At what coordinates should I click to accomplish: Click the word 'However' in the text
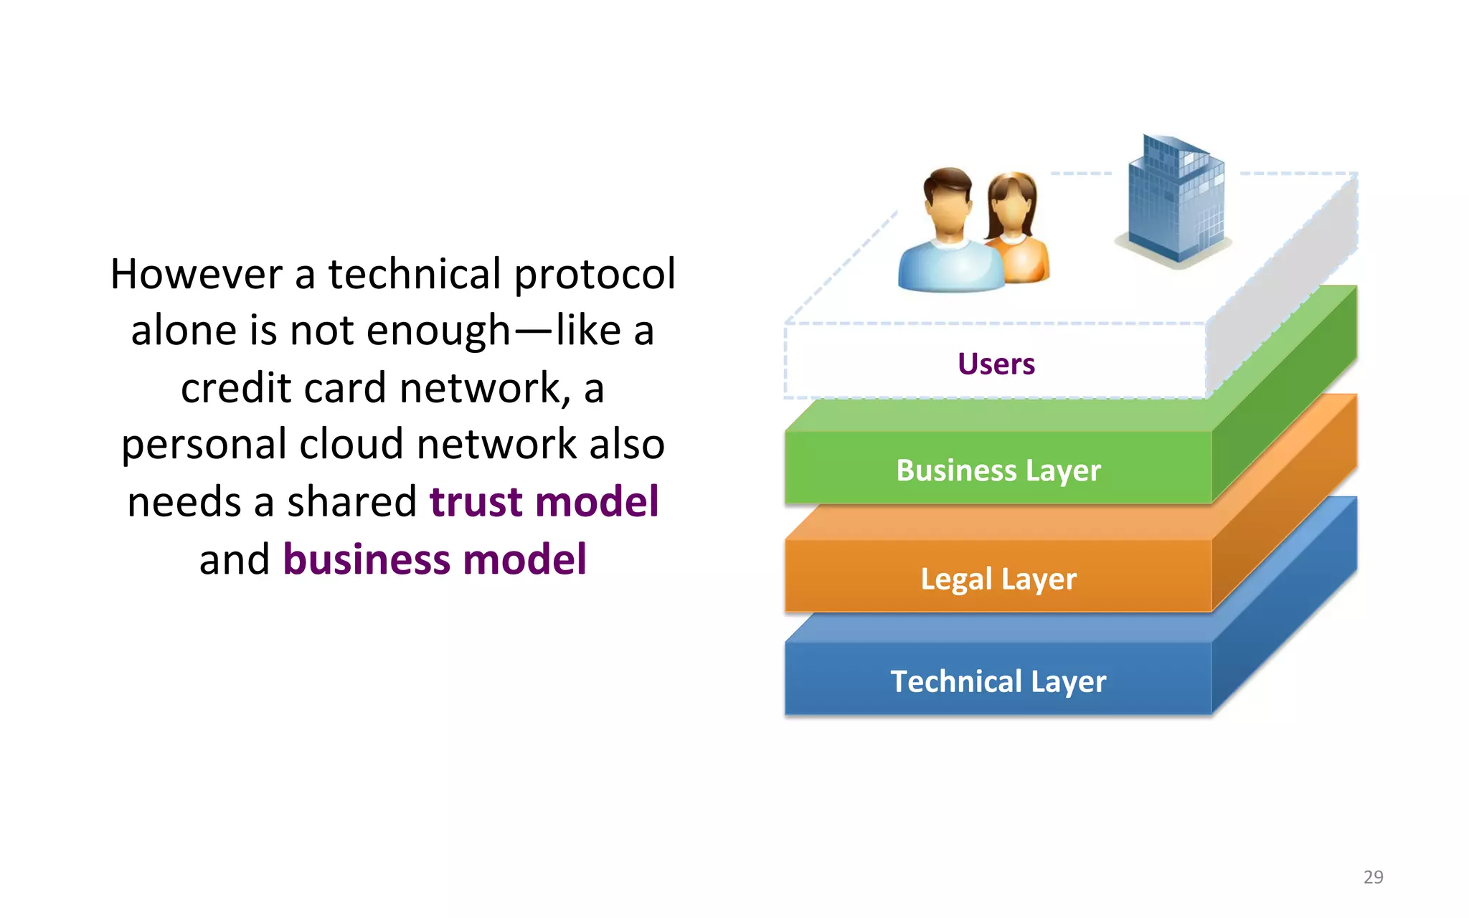click(x=197, y=274)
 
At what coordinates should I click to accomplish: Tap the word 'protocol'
click(x=595, y=275)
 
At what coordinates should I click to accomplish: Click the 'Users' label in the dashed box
click(x=996, y=364)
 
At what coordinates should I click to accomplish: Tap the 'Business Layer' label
click(x=998, y=471)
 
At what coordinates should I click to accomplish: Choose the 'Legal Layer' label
click(x=998, y=579)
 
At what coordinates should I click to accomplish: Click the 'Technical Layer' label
click(x=998, y=681)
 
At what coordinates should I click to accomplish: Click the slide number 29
click(x=1373, y=876)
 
